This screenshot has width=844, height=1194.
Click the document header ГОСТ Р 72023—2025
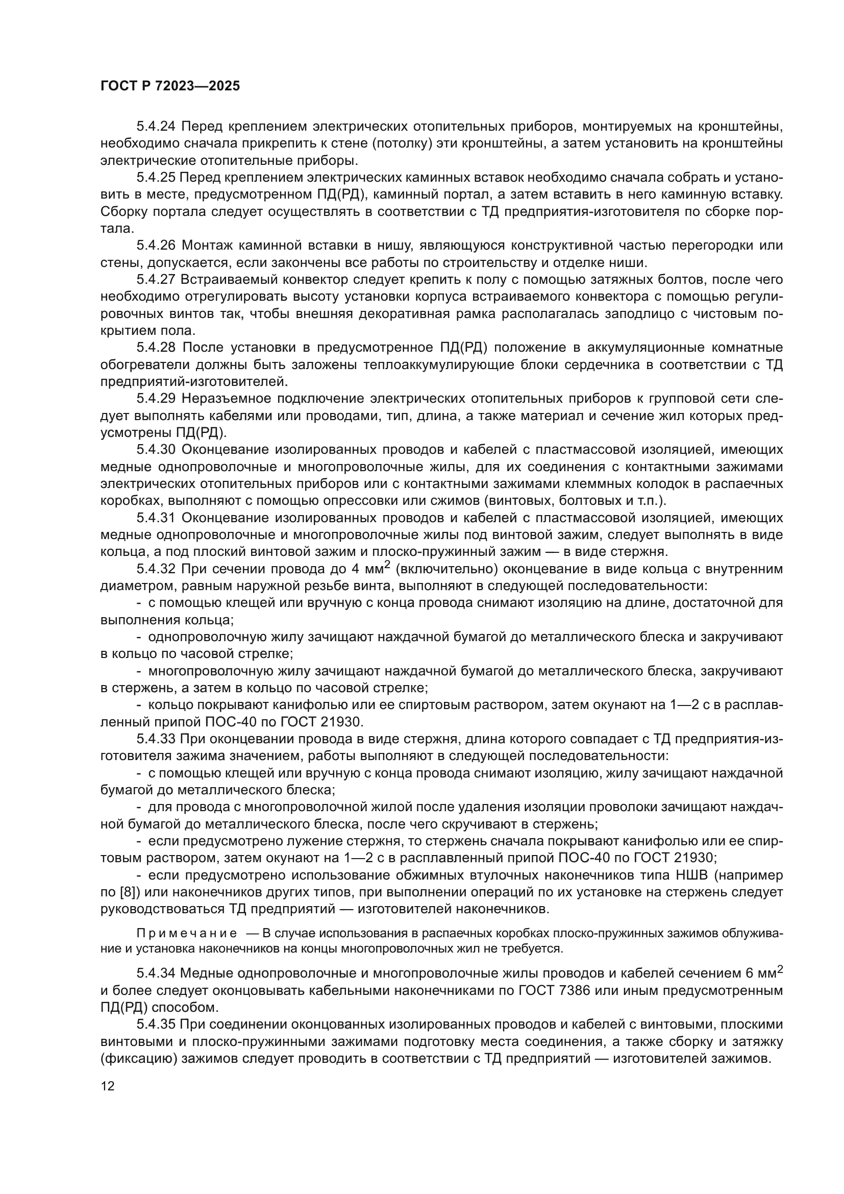(170, 86)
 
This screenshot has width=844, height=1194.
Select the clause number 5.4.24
(156, 127)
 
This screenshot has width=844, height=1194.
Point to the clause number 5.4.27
(156, 280)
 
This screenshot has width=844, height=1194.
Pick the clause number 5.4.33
(156, 739)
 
